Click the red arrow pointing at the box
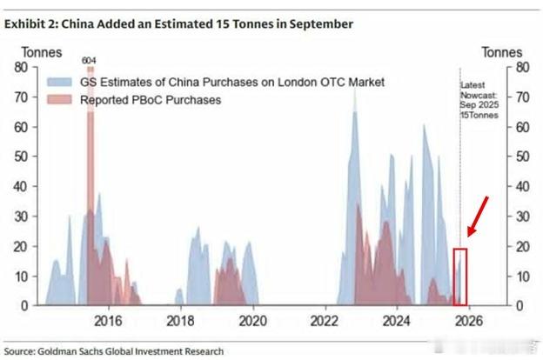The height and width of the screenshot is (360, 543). [x=479, y=216]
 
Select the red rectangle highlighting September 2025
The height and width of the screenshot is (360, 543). [x=460, y=277]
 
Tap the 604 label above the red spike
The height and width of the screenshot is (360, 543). [x=89, y=60]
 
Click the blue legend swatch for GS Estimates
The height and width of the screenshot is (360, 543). [x=64, y=83]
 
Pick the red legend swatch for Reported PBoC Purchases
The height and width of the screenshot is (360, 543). [x=64, y=100]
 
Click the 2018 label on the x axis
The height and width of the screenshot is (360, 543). [x=180, y=320]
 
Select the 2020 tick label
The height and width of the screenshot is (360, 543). [x=252, y=320]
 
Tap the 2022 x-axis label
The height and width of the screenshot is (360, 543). [x=325, y=320]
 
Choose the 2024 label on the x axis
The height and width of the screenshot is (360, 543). [x=397, y=320]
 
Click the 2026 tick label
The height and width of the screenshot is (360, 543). [x=469, y=320]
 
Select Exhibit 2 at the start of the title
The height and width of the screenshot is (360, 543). [x=30, y=24]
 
